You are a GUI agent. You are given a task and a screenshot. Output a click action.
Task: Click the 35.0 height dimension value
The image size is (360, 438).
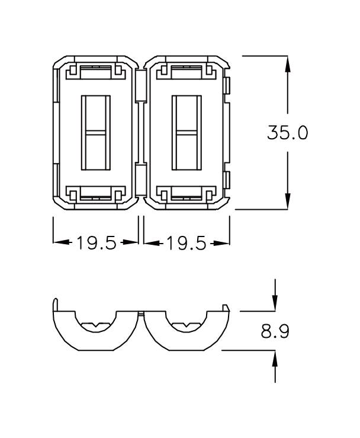tap(287, 132)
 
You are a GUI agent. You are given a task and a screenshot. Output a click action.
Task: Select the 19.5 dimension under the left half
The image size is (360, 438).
tap(96, 243)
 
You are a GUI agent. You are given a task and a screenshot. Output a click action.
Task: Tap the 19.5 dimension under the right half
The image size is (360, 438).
tap(186, 243)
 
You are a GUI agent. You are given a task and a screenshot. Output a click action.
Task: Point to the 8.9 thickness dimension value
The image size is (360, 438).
tap(275, 331)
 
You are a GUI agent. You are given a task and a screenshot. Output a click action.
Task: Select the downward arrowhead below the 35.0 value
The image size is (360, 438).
tap(288, 202)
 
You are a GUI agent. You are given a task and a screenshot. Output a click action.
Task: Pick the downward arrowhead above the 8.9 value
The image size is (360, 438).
tap(275, 303)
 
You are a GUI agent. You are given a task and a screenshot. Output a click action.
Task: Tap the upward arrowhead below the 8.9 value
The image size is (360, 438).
tap(275, 358)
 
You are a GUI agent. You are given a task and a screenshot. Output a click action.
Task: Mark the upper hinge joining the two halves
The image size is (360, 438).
tap(140, 87)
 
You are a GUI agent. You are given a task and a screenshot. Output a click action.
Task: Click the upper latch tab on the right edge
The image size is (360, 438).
tap(228, 86)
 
